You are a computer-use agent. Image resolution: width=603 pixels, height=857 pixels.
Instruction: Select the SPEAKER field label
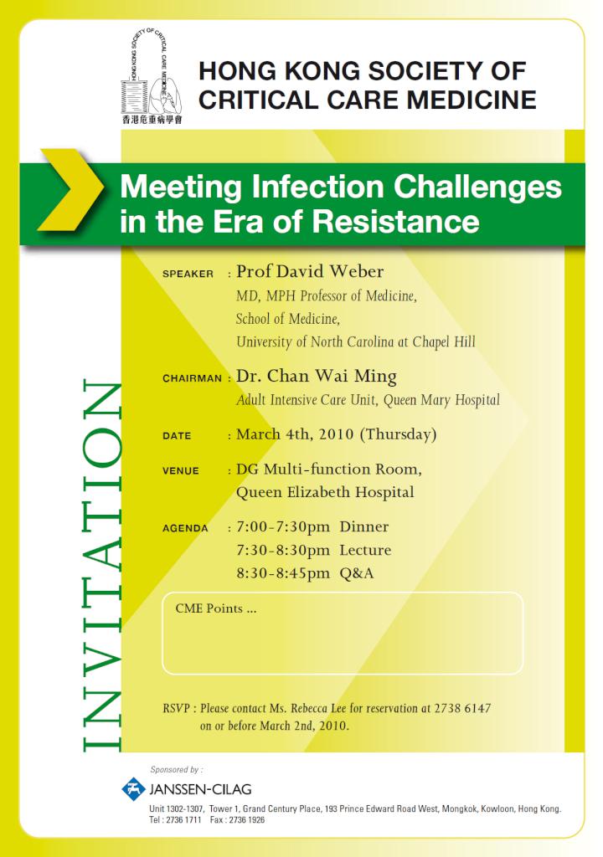(x=188, y=274)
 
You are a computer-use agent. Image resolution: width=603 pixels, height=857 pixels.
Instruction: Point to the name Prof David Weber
(x=310, y=271)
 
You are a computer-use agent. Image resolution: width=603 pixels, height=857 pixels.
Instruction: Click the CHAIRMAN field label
(x=192, y=378)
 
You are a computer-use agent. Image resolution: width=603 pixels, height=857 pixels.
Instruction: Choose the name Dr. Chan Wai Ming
(x=317, y=377)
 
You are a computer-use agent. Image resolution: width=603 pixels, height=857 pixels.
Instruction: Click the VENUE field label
(x=181, y=470)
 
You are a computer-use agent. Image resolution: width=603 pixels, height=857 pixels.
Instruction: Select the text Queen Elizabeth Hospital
(x=325, y=492)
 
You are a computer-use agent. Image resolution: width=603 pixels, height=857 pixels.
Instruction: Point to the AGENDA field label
(x=185, y=528)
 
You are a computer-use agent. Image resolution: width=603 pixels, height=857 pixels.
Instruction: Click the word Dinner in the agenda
(x=363, y=527)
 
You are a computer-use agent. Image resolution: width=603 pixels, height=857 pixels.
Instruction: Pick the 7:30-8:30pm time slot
(x=283, y=551)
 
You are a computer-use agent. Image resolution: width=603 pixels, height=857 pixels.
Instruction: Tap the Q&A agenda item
(x=357, y=573)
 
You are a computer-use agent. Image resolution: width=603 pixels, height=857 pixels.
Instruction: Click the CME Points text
(x=215, y=608)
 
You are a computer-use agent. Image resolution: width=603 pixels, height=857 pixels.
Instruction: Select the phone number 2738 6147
(x=462, y=708)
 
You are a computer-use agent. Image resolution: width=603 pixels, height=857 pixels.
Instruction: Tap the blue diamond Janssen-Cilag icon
(x=133, y=788)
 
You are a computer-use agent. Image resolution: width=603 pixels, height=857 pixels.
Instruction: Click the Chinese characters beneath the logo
(x=152, y=119)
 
